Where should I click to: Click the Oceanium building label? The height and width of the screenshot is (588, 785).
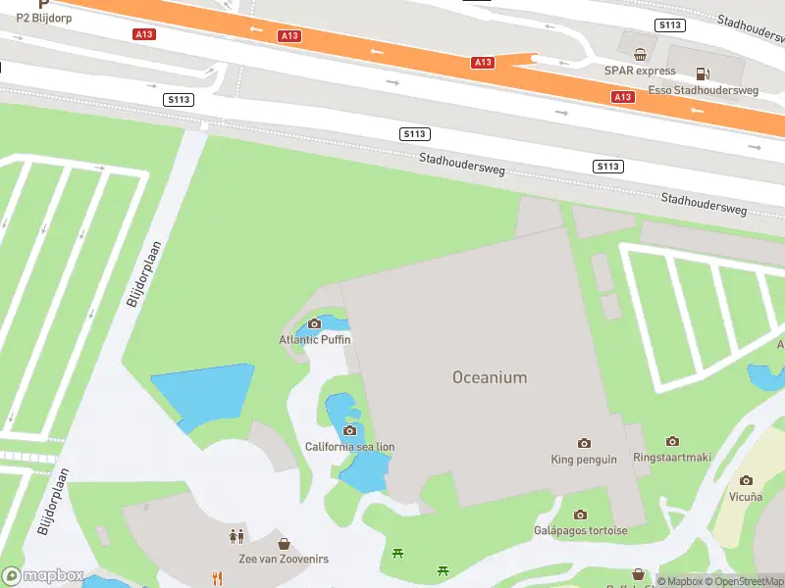[x=490, y=377]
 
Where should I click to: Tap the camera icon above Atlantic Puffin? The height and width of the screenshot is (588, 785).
[x=315, y=324]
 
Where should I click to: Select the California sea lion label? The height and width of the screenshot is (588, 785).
[x=349, y=447]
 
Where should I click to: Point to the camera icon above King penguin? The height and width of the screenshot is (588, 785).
[x=585, y=444]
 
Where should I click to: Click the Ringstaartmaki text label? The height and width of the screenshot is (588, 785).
[x=672, y=457]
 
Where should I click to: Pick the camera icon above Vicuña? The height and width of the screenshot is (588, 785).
[x=746, y=480]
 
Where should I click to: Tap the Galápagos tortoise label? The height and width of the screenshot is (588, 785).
[x=581, y=530]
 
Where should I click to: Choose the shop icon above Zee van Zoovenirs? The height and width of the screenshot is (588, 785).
[x=284, y=543]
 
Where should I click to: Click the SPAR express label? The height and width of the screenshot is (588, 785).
[x=641, y=71]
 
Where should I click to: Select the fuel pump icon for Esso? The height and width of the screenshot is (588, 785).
[x=703, y=73]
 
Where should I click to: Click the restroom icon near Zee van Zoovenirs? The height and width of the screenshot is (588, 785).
[x=235, y=536]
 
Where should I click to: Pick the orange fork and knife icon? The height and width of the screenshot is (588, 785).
[x=217, y=578]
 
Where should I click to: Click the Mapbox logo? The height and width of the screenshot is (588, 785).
[x=42, y=576]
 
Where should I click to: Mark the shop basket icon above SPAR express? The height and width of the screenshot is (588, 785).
[x=641, y=55]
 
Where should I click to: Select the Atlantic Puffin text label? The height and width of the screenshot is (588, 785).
[x=315, y=339]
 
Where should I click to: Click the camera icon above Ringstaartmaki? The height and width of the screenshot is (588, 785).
[x=672, y=442]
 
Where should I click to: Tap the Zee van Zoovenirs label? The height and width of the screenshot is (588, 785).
[x=284, y=559]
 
